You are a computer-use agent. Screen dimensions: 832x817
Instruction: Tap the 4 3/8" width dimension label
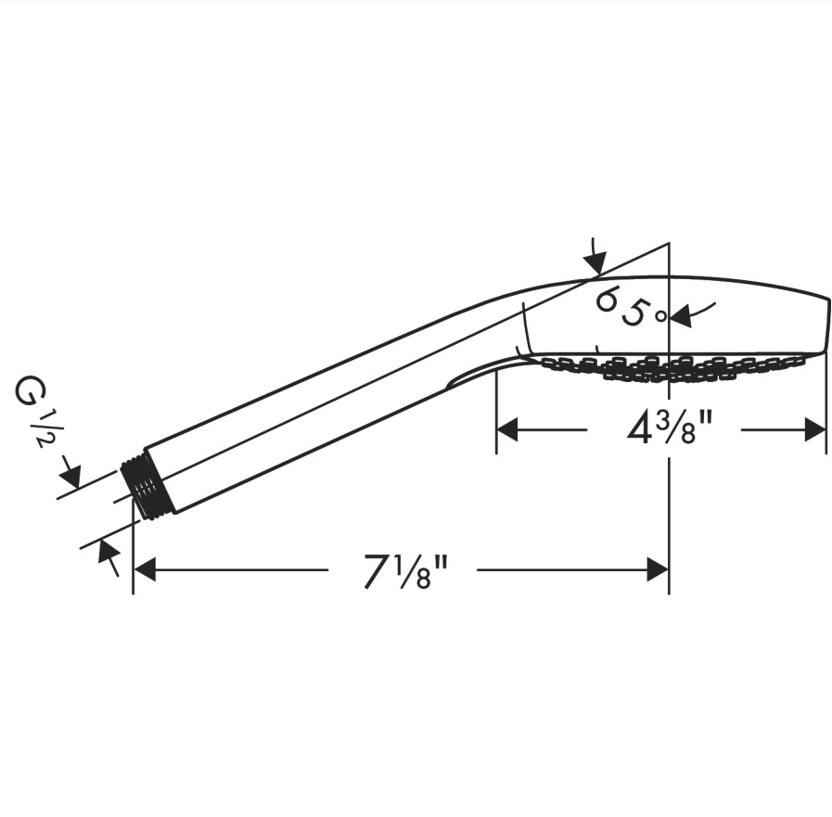coord(669,428)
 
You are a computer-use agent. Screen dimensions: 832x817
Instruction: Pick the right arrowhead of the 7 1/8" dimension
coord(658,569)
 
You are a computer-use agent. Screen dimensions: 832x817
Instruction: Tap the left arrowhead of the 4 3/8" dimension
coord(506,429)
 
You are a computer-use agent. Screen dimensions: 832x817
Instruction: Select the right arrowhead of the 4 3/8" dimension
coord(815,429)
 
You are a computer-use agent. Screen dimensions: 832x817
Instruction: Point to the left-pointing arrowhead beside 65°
coord(682,316)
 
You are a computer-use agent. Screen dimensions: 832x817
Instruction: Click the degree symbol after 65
coord(660,316)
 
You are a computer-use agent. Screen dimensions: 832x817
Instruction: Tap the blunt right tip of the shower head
coord(826,324)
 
